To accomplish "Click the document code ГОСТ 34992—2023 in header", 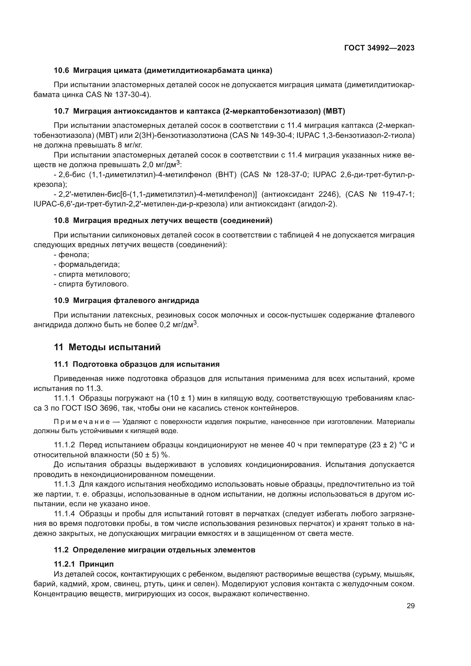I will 379,48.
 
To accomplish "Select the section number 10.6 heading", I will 62,71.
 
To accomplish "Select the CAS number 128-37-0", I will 291,175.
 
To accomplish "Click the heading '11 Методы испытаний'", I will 107,347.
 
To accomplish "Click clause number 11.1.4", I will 64,514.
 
